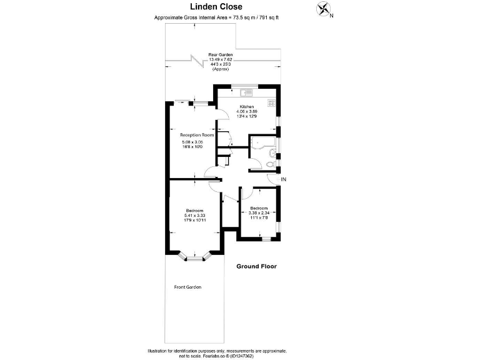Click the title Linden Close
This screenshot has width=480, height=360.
[x=216, y=7]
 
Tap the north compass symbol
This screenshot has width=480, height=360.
[x=324, y=9]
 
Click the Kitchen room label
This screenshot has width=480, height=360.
[x=246, y=106]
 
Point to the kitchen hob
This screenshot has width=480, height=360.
[x=271, y=102]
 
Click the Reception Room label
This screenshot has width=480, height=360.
[x=197, y=135]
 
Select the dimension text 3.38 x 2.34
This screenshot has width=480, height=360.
[x=259, y=212]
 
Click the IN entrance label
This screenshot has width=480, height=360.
[x=283, y=180]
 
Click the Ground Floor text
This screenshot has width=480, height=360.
[x=256, y=266]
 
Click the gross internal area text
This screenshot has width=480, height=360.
[x=216, y=17]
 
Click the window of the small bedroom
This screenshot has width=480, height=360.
[x=266, y=238]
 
